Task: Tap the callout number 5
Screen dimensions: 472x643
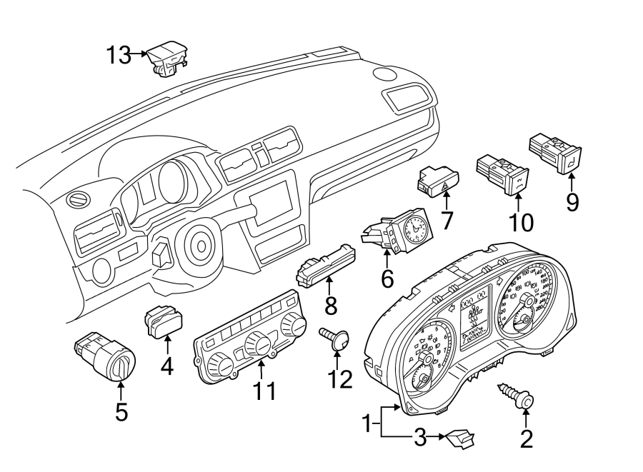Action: tap(121, 412)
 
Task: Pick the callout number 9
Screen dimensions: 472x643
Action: tap(572, 202)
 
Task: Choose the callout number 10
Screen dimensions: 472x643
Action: tap(522, 222)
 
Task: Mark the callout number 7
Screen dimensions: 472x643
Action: tap(447, 220)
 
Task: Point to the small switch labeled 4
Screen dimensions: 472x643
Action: tap(163, 321)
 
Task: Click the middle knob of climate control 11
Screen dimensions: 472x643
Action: tap(256, 346)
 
